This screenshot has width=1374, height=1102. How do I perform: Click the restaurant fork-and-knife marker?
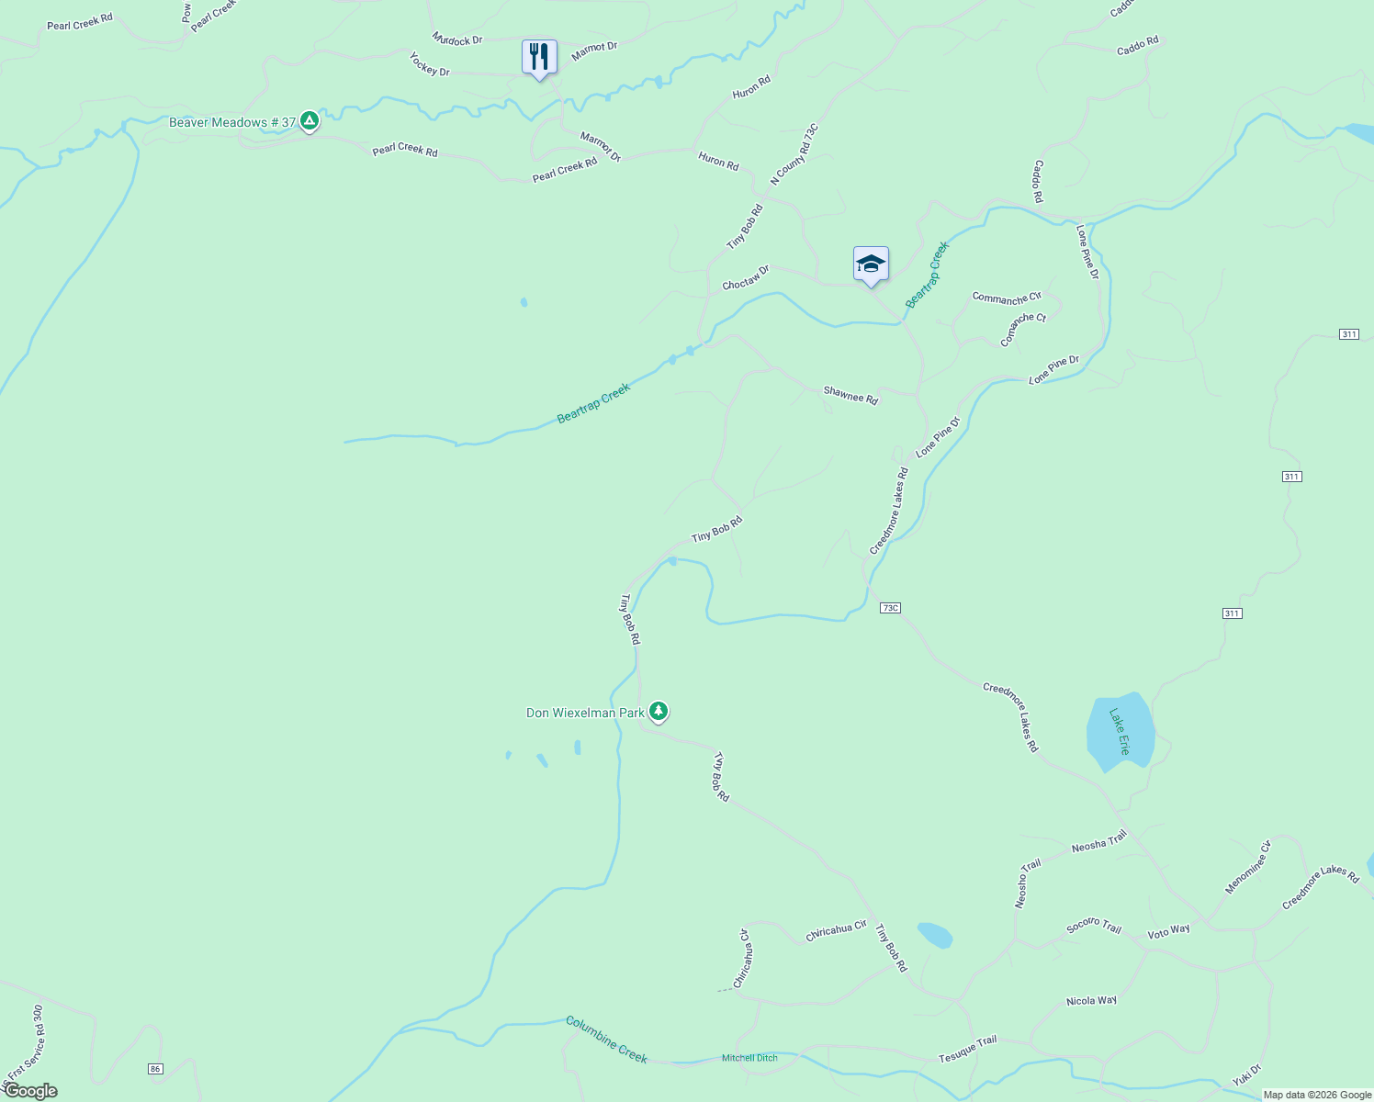tap(539, 57)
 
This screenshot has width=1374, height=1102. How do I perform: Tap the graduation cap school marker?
tap(871, 264)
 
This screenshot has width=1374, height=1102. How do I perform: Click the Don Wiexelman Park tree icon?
tap(658, 711)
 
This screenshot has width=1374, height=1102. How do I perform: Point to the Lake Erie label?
tap(1119, 731)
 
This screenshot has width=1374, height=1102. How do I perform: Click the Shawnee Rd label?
tap(850, 396)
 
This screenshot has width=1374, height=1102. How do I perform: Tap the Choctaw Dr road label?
tap(745, 277)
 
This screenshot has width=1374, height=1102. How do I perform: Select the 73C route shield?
tap(889, 608)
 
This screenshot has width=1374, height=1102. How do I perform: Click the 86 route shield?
tap(155, 1068)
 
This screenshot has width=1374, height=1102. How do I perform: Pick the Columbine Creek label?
tap(606, 1040)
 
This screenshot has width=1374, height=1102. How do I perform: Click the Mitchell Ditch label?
tap(749, 1058)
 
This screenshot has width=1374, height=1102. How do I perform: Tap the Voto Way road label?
tap(1168, 931)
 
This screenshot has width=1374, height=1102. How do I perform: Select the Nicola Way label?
tap(1091, 1000)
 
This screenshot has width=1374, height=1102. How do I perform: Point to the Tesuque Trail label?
tap(967, 1048)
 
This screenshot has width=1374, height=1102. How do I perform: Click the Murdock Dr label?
tap(457, 39)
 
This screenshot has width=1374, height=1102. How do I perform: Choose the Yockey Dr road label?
tap(429, 64)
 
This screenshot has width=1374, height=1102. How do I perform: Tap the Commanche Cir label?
tap(1007, 298)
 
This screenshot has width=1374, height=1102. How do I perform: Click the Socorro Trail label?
tap(1094, 926)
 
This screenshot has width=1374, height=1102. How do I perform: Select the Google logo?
tap(30, 1091)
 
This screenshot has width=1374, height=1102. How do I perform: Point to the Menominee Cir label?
tap(1247, 867)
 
